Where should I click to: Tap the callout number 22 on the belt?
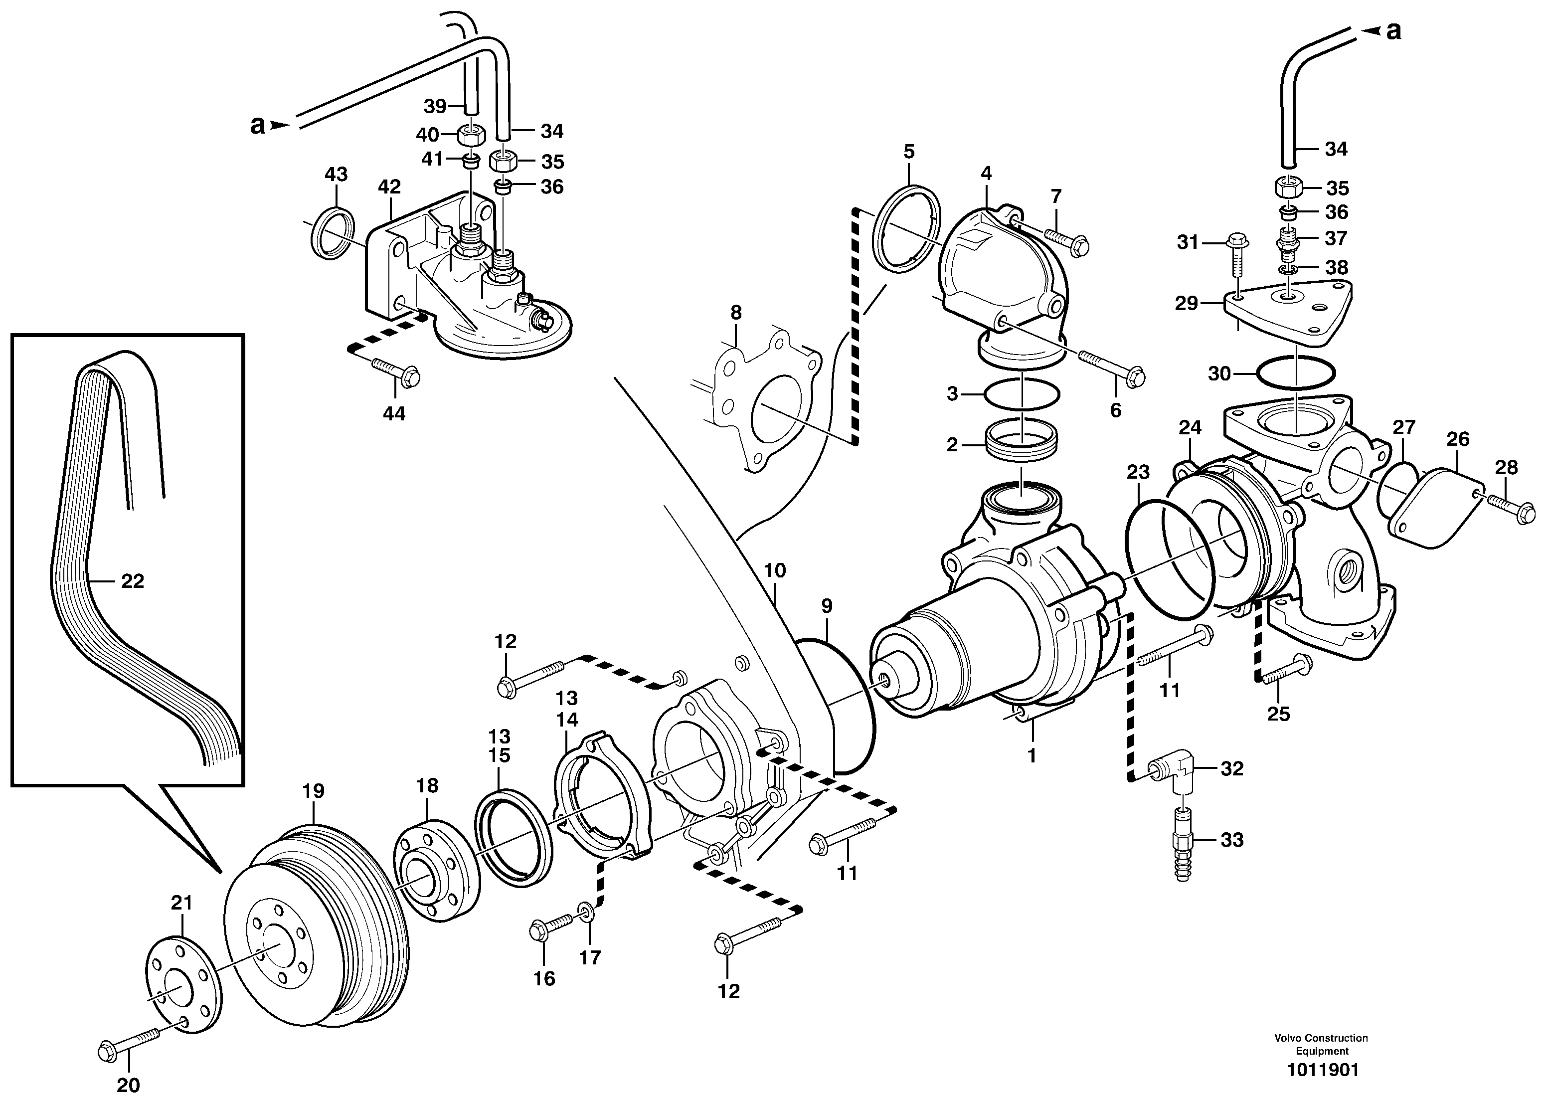[133, 581]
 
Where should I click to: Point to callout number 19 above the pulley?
[313, 791]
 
